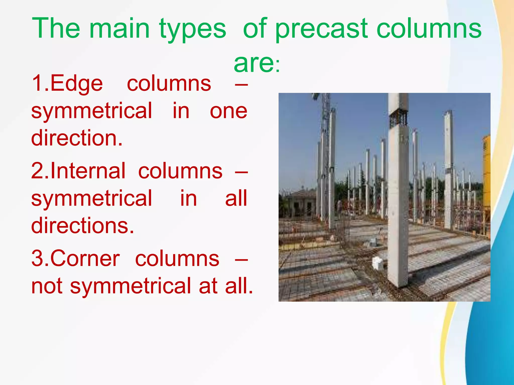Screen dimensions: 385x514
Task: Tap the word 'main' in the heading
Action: coord(119,29)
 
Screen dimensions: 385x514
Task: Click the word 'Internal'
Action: coord(88,171)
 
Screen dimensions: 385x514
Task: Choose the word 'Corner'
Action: coord(85,259)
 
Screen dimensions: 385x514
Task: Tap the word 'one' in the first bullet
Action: coord(228,111)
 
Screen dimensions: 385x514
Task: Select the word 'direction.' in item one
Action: coord(77,138)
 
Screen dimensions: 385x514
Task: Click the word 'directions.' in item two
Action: coord(83,226)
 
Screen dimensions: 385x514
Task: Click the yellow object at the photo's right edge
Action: coord(486,175)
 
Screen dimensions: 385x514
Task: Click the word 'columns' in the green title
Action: coord(429,29)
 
